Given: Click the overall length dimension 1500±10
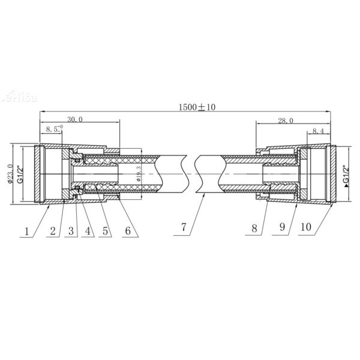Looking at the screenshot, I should click(197, 107).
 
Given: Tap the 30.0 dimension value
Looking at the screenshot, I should click(74, 119).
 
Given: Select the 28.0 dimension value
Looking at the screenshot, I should click(285, 121).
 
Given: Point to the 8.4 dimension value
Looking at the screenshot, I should click(318, 131).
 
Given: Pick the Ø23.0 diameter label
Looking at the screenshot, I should click(10, 174).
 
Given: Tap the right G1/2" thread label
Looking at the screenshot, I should click(346, 175).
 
